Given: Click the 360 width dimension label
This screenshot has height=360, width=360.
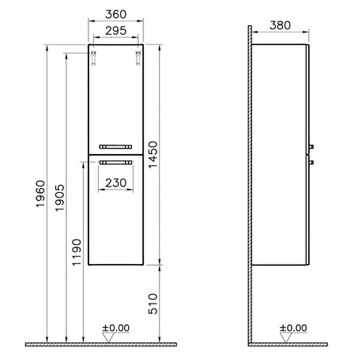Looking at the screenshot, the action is coord(116,14).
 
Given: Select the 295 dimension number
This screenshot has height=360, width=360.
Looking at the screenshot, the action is coord(116,31).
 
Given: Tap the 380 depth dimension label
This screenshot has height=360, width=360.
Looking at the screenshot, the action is coord(280,25).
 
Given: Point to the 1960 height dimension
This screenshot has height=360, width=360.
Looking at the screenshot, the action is coord(41,194).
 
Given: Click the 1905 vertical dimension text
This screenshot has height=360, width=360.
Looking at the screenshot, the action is coord(60,198).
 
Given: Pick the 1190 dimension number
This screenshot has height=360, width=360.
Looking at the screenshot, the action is coord(77,252).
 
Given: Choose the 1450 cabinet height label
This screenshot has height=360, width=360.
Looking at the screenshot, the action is coord(153,155).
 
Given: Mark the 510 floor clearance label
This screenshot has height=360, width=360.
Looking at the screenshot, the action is coord(153,304).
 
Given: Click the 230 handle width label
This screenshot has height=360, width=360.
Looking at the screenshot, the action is coord(116,183).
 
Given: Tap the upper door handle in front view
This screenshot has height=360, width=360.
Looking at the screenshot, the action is coord(116,147).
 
